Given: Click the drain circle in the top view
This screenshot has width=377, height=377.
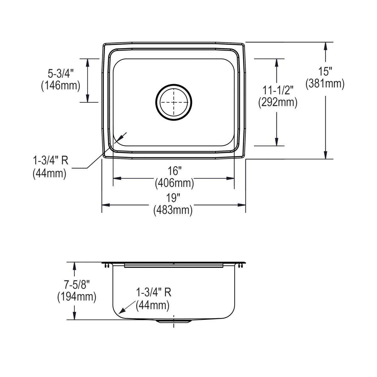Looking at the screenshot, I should pyautogui.click(x=173, y=102).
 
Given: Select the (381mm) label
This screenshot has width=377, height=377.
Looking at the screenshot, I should pyautogui.click(x=325, y=84).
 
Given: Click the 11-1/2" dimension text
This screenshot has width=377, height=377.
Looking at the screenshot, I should pyautogui.click(x=278, y=90).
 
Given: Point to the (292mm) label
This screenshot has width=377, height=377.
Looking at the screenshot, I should pyautogui.click(x=278, y=102).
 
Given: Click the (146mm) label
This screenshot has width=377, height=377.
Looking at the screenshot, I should pyautogui.click(x=61, y=85).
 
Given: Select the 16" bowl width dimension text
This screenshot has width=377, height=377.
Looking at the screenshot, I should pyautogui.click(x=174, y=171).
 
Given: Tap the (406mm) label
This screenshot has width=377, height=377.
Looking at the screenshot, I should pyautogui.click(x=174, y=183).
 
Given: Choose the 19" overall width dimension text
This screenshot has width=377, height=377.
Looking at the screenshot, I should pyautogui.click(x=173, y=198).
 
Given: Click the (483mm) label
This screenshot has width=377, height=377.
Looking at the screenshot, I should pyautogui.click(x=173, y=210).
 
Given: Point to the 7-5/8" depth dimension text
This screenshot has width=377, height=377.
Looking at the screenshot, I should pyautogui.click(x=77, y=285).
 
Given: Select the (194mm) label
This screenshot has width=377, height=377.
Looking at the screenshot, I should pyautogui.click(x=77, y=297).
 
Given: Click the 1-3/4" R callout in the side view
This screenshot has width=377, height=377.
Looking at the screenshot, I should pyautogui.click(x=154, y=293).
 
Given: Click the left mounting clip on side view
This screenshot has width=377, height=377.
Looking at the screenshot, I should pyautogui.click(x=107, y=266).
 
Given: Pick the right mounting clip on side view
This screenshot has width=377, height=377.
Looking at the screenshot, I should pyautogui.click(x=241, y=266).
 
